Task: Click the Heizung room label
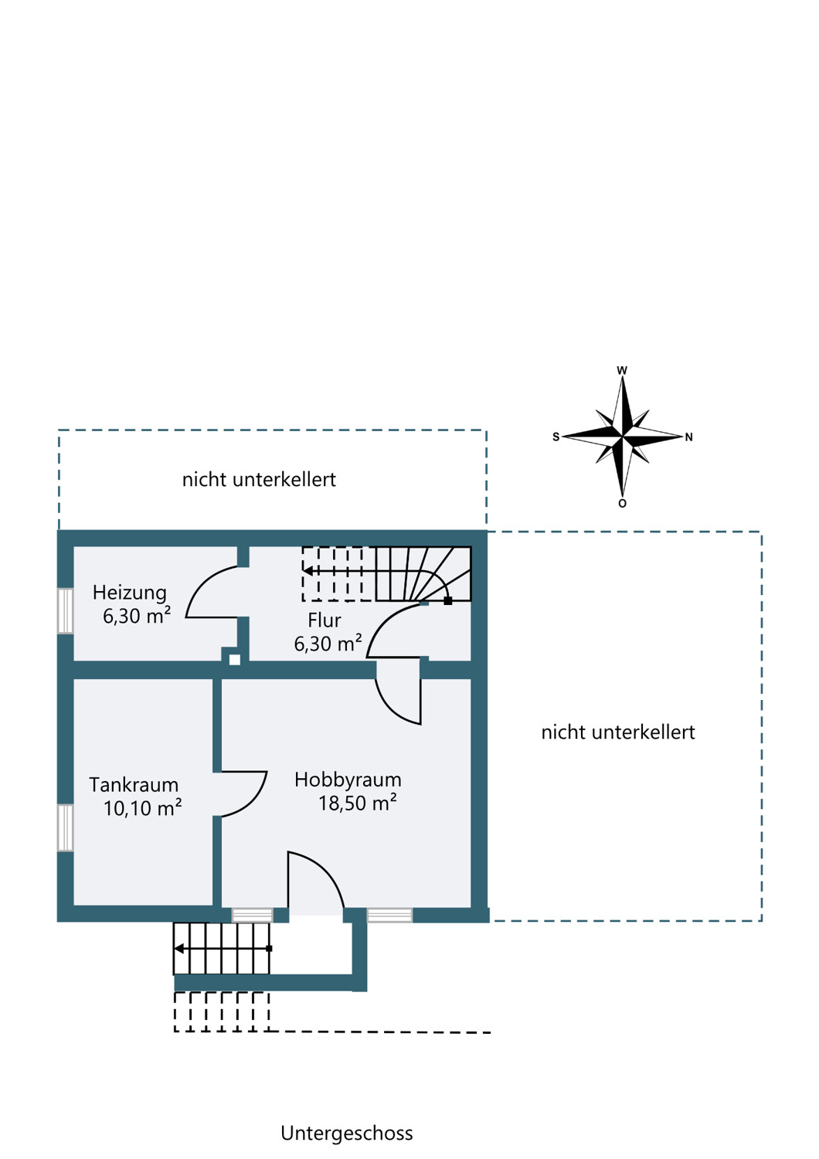[x=129, y=593]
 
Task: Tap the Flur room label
[x=325, y=620]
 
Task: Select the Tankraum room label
[x=134, y=785]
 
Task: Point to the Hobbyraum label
[x=348, y=780]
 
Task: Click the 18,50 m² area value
[x=358, y=804]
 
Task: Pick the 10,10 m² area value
[x=143, y=808]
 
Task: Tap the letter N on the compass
[x=688, y=437]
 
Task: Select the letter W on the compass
[x=622, y=370]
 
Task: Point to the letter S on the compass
[x=556, y=437]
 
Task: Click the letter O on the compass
[x=623, y=504]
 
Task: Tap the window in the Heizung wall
[x=65, y=610]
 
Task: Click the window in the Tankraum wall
[x=65, y=828]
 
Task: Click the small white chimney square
[x=234, y=660]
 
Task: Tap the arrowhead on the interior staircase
[x=308, y=571]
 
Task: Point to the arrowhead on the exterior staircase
[x=179, y=948]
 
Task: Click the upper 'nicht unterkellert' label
[x=259, y=480]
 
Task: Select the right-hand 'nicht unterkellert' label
[x=618, y=732]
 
